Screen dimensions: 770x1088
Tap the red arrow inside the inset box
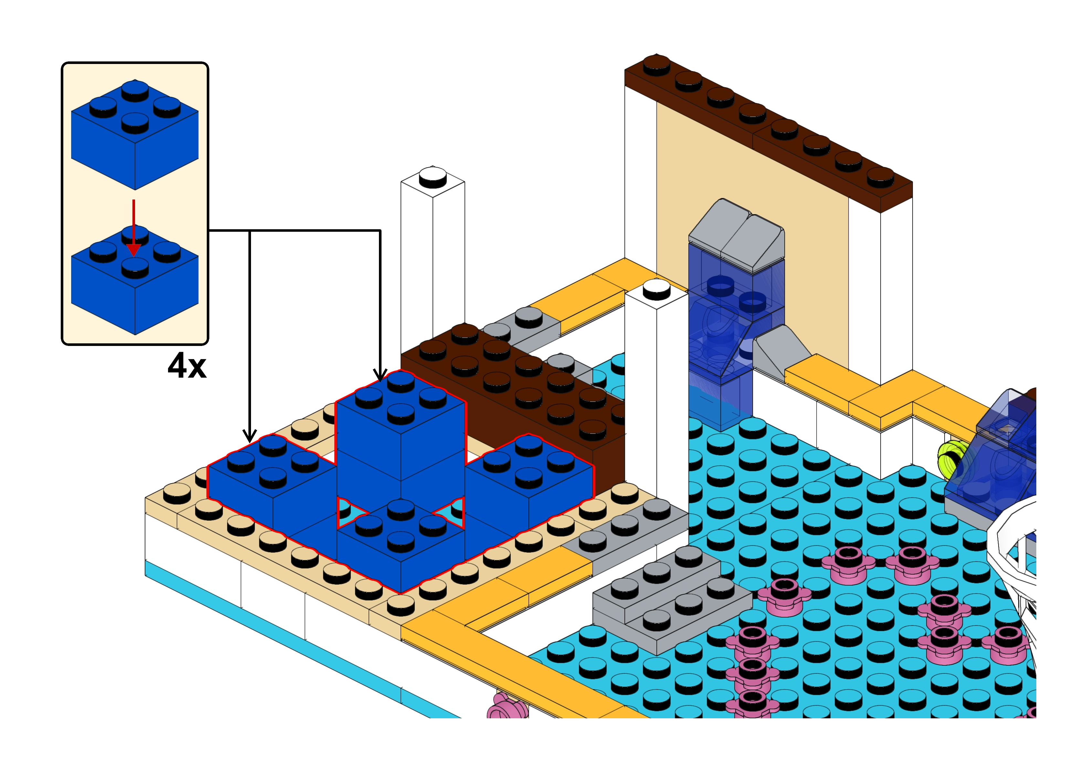(134, 228)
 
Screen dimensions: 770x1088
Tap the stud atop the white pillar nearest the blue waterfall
(657, 288)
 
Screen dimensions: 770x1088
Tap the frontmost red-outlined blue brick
(401, 545)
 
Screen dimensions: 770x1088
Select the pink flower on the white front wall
(506, 709)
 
